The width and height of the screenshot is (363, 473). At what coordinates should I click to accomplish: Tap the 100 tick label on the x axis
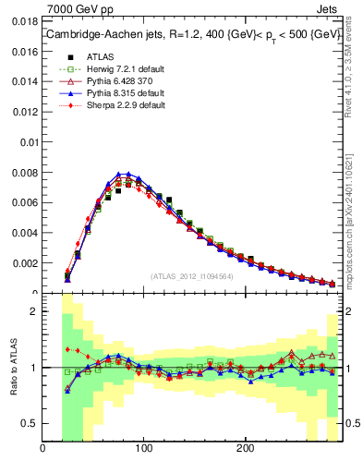tap(143, 449)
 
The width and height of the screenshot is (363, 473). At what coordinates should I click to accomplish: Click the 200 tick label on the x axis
tap(244, 449)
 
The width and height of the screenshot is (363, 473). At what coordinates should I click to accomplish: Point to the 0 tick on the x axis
tap(42, 449)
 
